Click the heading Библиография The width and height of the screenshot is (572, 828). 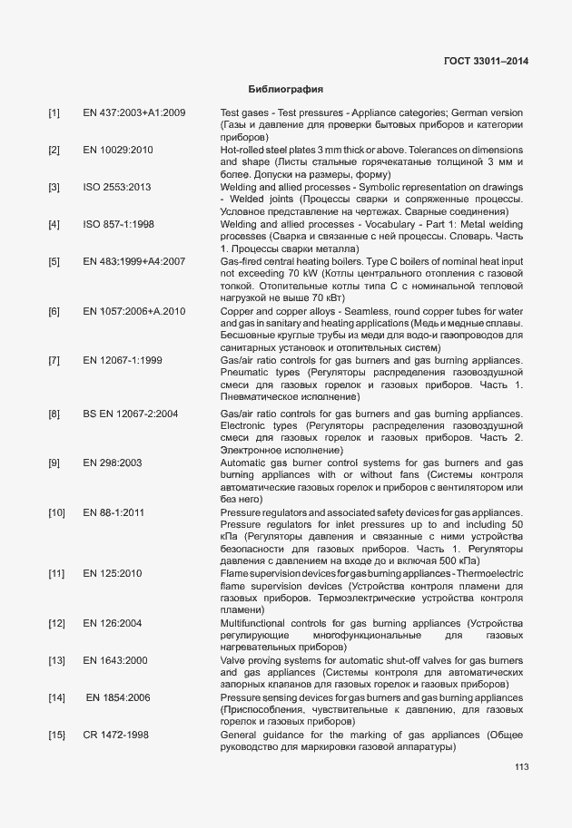(286, 90)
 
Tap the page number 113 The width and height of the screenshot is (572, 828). (521, 766)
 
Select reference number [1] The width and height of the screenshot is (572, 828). (54, 112)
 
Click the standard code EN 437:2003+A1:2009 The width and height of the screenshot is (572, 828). (134, 112)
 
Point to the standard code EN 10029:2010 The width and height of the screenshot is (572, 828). (118, 150)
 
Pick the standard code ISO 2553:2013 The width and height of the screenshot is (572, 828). (118, 187)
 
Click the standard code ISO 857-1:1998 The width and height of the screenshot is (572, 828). (119, 224)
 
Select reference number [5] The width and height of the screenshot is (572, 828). (54, 261)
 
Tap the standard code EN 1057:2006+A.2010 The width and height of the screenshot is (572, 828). (134, 311)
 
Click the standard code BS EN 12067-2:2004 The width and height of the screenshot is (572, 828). (131, 414)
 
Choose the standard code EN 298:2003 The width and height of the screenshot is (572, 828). (113, 463)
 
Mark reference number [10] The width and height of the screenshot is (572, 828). (56, 512)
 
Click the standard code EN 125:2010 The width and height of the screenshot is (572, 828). (113, 574)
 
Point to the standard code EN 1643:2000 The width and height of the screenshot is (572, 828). (115, 661)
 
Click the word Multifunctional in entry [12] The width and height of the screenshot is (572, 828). (259, 624)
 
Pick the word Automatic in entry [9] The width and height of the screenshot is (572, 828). (242, 463)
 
